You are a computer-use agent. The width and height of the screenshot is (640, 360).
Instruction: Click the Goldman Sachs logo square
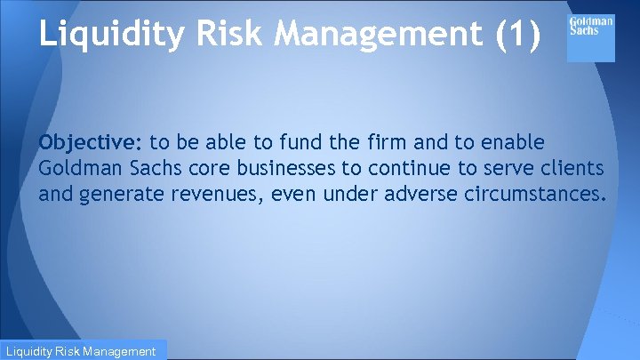590,38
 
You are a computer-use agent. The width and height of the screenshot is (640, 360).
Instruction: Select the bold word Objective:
92,143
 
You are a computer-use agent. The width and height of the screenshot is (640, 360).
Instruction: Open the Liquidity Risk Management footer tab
82,351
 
